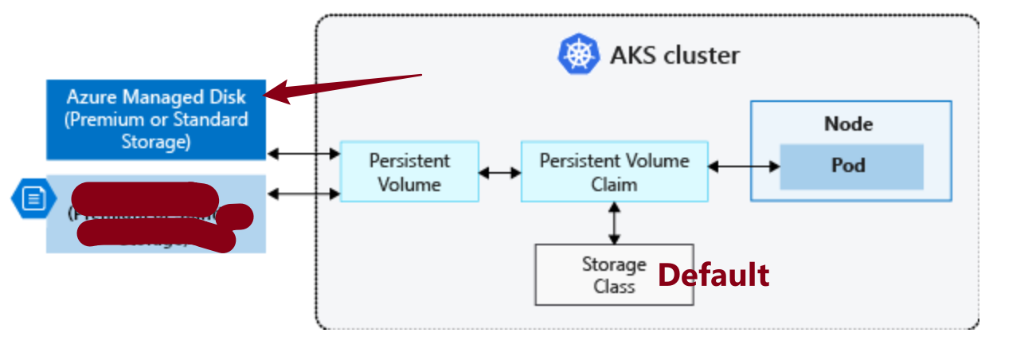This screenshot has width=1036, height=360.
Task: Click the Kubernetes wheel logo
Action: pos(579,55)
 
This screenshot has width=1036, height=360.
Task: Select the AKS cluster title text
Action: pos(674,56)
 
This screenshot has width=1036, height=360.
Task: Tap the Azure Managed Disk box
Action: pos(156,119)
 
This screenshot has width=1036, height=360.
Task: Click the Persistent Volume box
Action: pos(409,171)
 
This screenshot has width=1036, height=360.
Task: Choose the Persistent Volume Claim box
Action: pos(614,171)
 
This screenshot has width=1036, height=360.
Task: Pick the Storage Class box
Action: pos(614,275)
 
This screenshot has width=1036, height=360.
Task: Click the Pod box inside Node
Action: pos(851,166)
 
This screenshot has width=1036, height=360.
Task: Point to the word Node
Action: pos(848,124)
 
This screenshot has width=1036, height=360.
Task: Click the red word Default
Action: pos(713,275)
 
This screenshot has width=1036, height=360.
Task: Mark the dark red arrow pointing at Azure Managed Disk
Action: pos(342,87)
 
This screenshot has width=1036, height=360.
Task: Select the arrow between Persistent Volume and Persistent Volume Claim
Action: pos(499,171)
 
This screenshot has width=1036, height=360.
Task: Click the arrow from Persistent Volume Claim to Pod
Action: pos(743,166)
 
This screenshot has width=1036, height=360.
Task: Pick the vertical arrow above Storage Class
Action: pos(614,222)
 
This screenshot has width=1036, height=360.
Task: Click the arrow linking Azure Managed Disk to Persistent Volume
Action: pos(303,153)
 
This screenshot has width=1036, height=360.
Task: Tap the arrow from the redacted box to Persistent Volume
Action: pos(303,193)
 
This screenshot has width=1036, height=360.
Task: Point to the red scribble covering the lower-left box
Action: pos(151,215)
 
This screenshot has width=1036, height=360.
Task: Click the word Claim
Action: pos(614,184)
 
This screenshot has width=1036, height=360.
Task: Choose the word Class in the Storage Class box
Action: pos(614,286)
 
